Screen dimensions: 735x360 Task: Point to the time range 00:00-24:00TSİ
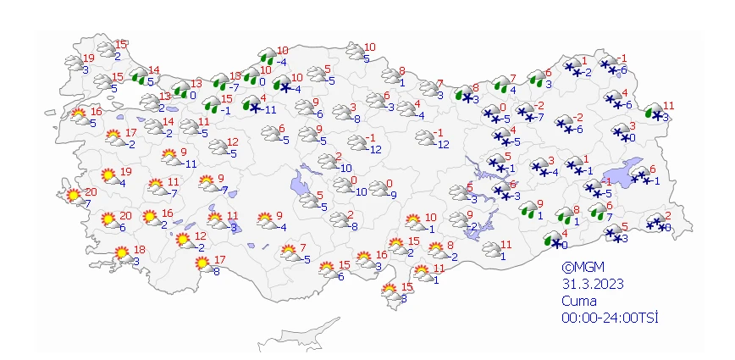click(x=610, y=318)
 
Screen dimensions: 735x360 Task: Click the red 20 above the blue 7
click(x=91, y=192)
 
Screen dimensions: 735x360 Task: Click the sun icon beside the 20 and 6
click(x=108, y=221)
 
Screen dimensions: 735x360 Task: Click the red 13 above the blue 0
click(x=196, y=83)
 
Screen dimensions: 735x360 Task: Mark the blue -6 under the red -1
click(x=623, y=69)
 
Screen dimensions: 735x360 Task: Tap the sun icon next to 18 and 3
click(x=122, y=252)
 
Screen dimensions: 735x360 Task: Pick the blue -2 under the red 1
click(x=588, y=72)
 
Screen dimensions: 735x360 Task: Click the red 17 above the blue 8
click(x=219, y=260)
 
